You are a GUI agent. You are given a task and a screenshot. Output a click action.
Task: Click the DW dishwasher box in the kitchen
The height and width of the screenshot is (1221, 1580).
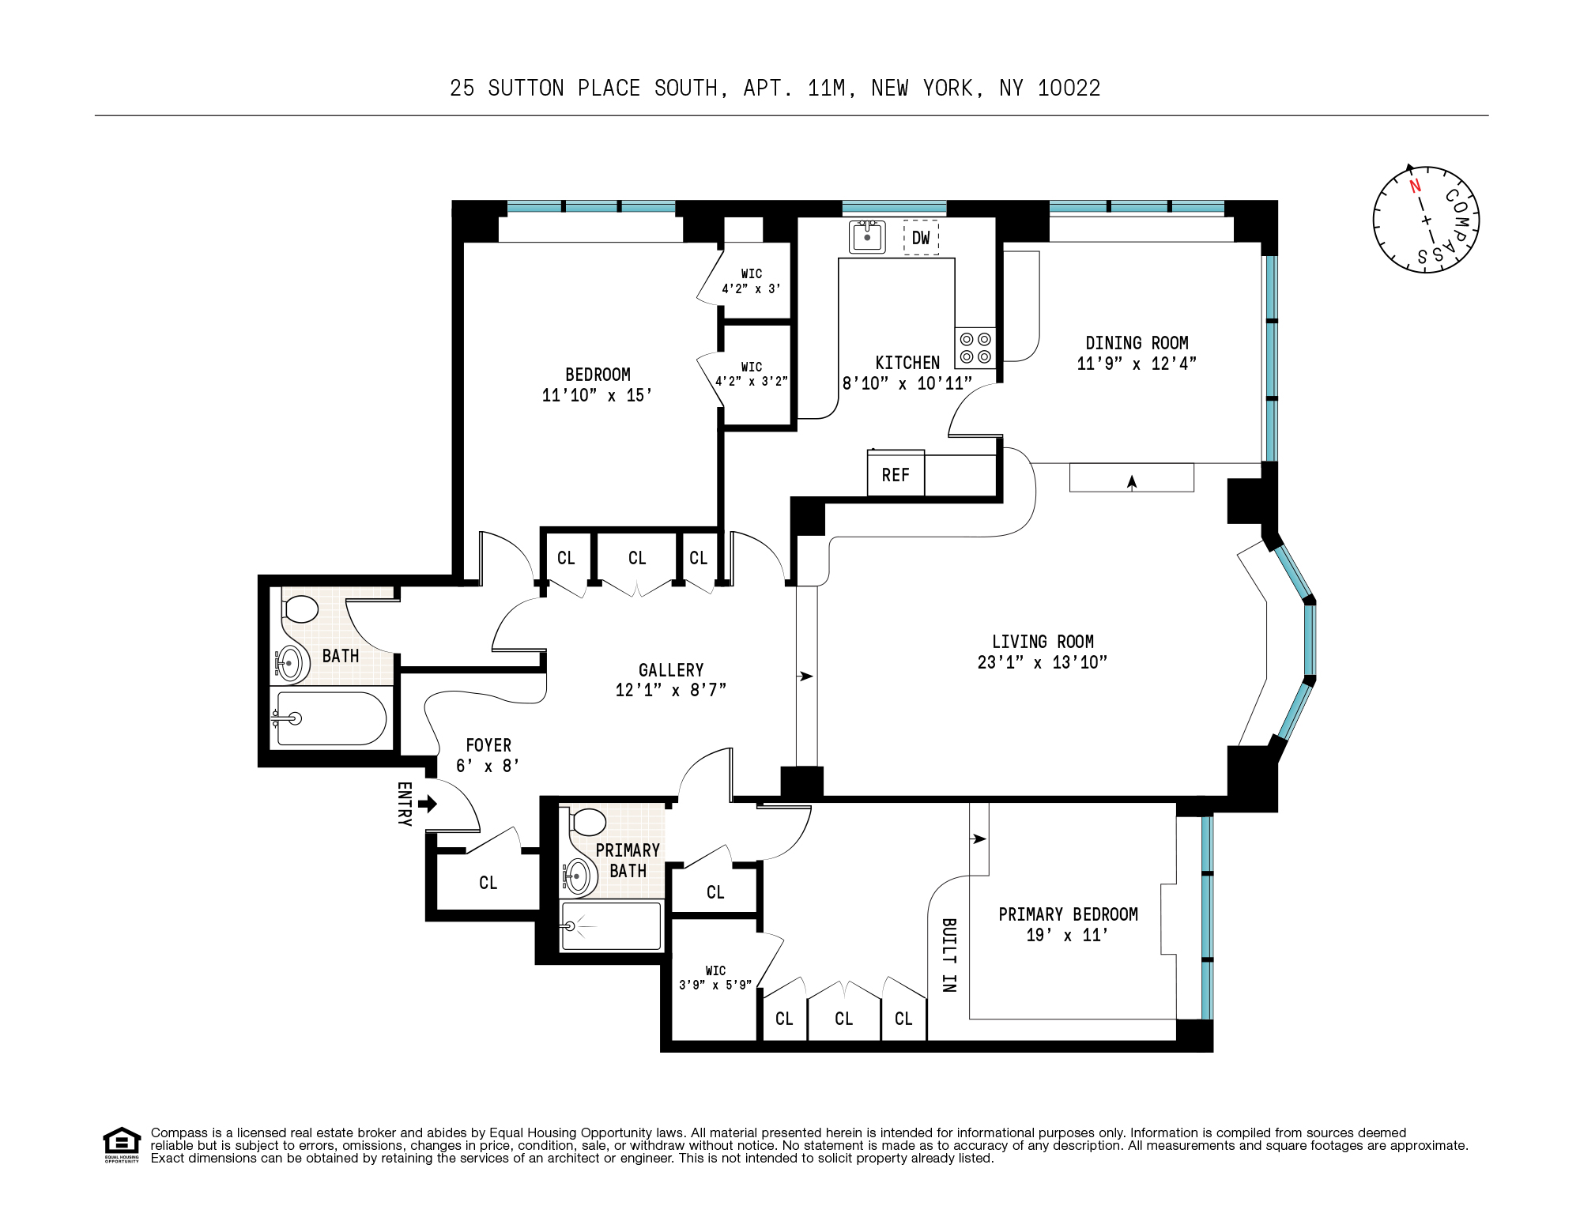pos(921,237)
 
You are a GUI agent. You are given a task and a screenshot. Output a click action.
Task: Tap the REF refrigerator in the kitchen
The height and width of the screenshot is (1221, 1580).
pos(896,474)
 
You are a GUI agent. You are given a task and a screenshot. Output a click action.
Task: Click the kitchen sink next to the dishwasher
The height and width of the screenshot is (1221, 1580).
pos(867,236)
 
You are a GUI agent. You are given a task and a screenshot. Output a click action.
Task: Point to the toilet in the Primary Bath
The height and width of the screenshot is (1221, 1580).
pos(588,822)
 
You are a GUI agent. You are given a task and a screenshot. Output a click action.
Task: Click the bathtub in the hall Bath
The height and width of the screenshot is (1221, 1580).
pos(330,718)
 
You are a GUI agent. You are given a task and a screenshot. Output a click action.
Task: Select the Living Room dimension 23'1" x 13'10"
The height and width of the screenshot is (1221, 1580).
pos(1043,662)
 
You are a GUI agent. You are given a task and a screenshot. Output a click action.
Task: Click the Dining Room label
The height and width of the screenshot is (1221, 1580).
pos(1137,343)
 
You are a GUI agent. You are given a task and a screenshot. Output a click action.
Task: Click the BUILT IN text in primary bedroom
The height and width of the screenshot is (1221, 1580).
pos(949,955)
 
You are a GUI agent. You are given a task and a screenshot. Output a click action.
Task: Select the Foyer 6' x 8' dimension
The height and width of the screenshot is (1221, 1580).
pos(488,766)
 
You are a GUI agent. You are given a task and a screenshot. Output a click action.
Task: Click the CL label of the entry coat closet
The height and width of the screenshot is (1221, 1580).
pos(488,883)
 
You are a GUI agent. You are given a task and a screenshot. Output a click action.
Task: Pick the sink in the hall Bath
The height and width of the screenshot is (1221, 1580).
pos(289,663)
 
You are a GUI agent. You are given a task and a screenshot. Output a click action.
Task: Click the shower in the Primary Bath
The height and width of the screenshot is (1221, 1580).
pos(610,925)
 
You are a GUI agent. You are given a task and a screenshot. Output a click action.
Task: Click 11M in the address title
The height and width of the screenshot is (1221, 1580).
pos(831,88)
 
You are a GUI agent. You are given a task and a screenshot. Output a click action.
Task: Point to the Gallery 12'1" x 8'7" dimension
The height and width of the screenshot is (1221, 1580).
pos(670,690)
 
